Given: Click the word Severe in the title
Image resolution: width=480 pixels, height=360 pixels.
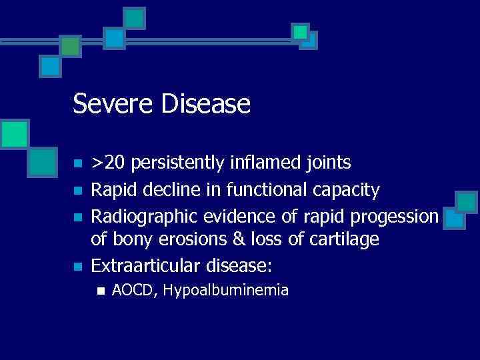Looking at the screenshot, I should pos(110,104).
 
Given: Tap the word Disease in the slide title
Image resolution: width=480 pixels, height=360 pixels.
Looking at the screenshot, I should pos(203,104).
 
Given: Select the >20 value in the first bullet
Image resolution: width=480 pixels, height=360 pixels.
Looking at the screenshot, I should pos(106,163).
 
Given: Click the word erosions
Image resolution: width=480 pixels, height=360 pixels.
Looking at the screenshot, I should pos(191,239).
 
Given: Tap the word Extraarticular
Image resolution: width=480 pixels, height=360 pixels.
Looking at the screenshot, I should pos(147,267).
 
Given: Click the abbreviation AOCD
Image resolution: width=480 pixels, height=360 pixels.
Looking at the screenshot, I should pos(134,290).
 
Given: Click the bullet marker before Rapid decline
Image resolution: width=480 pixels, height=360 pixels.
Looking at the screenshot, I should pos(78,191).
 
